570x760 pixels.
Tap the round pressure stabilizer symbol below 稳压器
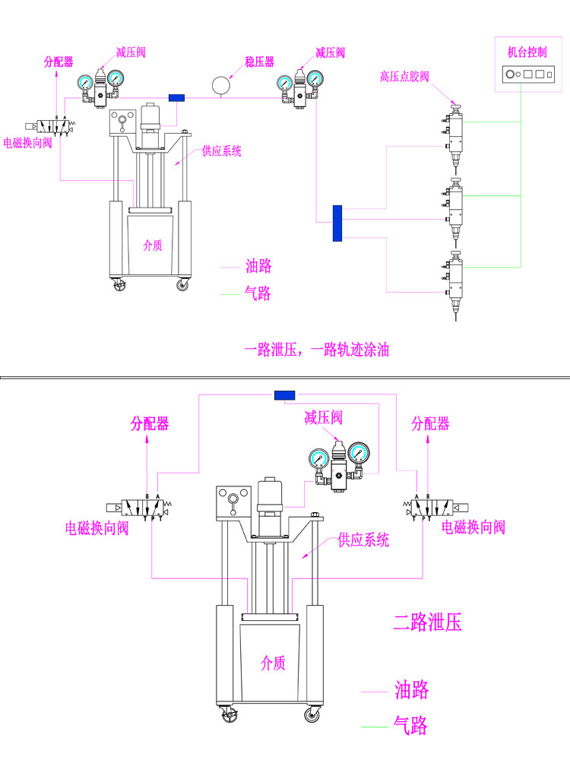coord(220,84)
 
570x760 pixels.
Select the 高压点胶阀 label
coord(404,77)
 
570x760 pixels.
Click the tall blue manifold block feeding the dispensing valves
coord(337,223)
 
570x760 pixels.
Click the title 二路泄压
coord(428,623)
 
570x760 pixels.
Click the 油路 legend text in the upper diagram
coord(258,267)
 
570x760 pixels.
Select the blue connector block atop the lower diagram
coord(284,395)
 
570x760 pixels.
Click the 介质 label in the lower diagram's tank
coord(273,663)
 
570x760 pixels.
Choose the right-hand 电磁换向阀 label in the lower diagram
coord(473,527)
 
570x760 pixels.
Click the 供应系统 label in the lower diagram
coord(363,540)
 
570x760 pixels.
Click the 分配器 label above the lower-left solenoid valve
coord(149,423)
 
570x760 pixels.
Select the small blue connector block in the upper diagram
coord(176,98)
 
